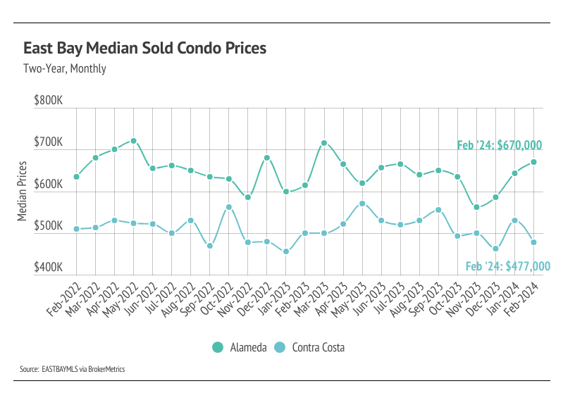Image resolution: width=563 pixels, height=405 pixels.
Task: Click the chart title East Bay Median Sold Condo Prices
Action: point(145,49)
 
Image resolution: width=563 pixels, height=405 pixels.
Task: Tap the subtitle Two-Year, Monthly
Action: point(64,69)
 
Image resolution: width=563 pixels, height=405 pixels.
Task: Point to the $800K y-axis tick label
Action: point(48,101)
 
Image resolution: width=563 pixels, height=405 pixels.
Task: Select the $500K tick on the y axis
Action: point(48,226)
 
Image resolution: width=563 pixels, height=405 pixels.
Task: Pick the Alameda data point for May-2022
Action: point(133,141)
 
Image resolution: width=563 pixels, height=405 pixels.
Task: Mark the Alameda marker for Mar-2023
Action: point(324,143)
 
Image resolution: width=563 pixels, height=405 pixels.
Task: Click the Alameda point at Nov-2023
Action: point(476,207)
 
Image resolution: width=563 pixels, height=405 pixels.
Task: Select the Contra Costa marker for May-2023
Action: point(362,204)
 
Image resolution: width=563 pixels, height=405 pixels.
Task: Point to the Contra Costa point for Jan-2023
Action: point(286,251)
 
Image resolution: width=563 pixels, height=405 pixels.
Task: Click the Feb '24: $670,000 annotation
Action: point(499,145)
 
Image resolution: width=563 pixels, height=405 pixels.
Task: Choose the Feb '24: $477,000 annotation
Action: point(507,266)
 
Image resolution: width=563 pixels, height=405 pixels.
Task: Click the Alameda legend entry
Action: point(237,347)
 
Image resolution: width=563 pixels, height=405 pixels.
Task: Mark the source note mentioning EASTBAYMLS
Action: point(73,369)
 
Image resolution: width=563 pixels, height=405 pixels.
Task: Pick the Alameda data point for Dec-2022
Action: point(267,158)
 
